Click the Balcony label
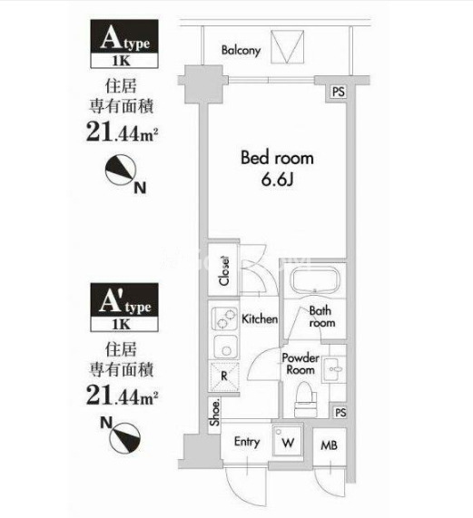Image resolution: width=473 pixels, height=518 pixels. click(241, 51)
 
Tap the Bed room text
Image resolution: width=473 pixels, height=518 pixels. click(277, 158)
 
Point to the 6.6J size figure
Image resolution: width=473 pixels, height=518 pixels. click(277, 180)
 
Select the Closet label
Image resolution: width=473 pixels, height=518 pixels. click(224, 270)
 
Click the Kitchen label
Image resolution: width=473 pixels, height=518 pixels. click(260, 318)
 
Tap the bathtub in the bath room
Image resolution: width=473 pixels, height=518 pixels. click(315, 280)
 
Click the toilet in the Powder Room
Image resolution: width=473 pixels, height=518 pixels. click(306, 399)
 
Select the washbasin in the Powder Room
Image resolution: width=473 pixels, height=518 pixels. click(334, 369)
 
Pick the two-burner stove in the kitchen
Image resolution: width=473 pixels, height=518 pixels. click(224, 318)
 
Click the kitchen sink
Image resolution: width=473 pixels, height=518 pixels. click(225, 347)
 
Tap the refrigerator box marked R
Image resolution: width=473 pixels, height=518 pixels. click(224, 376)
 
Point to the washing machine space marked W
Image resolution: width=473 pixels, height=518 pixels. click(287, 442)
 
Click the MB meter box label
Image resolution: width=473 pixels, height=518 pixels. click(330, 446)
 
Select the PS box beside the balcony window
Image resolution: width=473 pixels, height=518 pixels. click(338, 92)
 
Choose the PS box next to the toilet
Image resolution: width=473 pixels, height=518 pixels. click(340, 412)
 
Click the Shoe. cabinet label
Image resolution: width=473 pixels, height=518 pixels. click(214, 413)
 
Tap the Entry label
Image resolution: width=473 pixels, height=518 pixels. click(247, 442)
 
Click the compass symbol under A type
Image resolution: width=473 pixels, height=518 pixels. click(121, 171)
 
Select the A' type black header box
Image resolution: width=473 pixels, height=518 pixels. click(124, 300)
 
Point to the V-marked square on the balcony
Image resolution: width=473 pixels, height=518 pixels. click(287, 46)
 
